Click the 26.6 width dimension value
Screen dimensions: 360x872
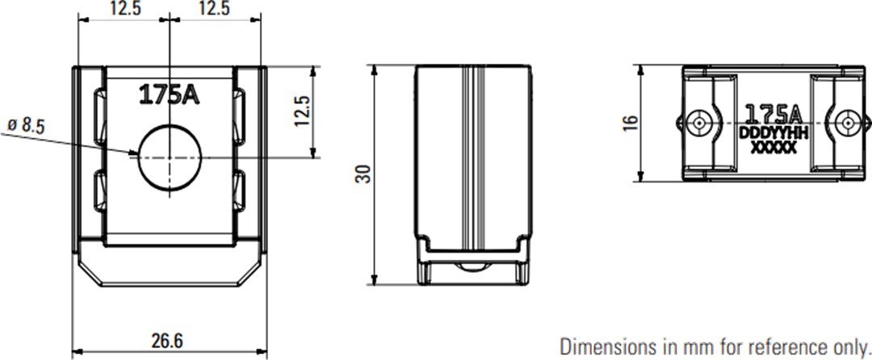[x=166, y=341]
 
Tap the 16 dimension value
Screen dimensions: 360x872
[x=631, y=122]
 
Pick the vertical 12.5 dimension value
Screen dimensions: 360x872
[x=302, y=111]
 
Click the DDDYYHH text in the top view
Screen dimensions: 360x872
[x=773, y=132]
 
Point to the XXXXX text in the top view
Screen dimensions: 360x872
[x=773, y=148]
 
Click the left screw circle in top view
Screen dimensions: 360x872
[x=699, y=123]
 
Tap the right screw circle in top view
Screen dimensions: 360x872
[x=847, y=123]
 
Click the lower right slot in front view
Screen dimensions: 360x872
[x=242, y=194]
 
